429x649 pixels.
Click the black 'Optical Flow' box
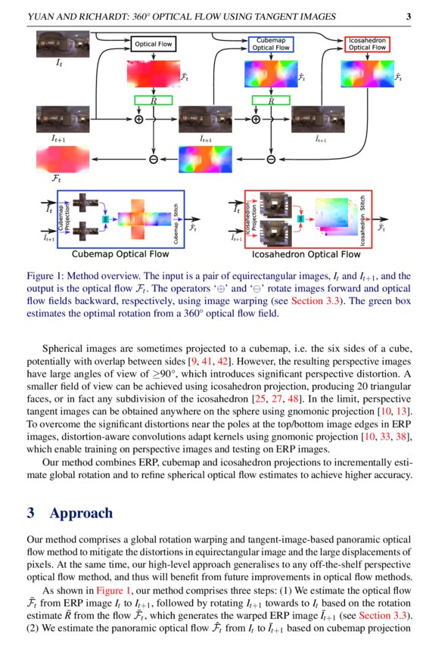coord(154,45)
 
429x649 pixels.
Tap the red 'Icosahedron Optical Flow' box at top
coord(367,44)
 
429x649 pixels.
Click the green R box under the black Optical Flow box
coord(154,100)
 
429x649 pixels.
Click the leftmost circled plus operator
coord(138,120)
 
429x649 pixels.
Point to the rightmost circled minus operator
coord(271,159)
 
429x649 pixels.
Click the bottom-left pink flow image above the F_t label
coord(58,160)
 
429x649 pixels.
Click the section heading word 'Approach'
coord(82,514)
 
